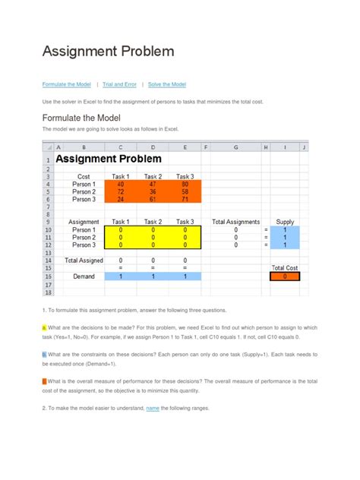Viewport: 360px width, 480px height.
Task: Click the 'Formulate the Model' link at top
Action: pos(67,84)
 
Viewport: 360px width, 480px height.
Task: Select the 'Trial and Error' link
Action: pos(119,84)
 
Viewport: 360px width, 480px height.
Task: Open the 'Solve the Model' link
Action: pos(167,84)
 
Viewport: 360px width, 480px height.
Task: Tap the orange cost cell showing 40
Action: pos(121,184)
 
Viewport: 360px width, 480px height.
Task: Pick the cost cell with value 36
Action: pos(153,191)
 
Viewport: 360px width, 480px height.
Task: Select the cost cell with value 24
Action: pos(121,199)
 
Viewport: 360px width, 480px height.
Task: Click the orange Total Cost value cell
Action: pos(285,276)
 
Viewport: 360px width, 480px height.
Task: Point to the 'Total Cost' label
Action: pos(285,268)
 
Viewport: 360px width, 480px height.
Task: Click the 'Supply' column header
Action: pos(285,222)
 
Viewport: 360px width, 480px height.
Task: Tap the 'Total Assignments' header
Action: pos(236,222)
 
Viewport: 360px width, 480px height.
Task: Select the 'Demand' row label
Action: pos(84,276)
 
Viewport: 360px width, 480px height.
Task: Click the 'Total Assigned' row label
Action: pos(84,260)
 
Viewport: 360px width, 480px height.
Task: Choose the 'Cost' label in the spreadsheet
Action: pos(84,176)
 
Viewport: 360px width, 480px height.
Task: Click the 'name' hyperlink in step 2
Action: pos(153,408)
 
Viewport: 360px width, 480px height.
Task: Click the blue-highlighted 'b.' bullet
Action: pos(44,354)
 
